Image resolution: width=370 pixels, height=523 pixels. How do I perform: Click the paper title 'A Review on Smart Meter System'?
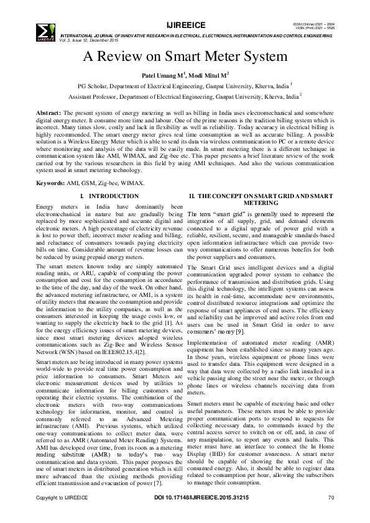[185, 57]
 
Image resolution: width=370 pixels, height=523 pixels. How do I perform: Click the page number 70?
[331, 498]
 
